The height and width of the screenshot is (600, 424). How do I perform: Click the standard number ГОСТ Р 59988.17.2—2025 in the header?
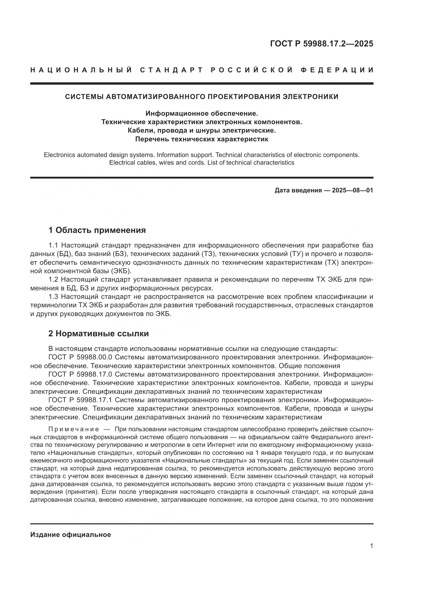(321, 44)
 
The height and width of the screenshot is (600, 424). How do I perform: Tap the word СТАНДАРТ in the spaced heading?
(171, 70)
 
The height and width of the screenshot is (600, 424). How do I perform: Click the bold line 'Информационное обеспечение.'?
(201, 113)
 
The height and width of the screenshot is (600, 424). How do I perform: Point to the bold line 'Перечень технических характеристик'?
(201, 139)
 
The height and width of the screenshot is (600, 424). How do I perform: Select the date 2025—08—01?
(352, 190)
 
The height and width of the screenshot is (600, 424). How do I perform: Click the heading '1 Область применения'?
(97, 230)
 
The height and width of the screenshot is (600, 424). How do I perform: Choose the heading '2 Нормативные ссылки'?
(99, 334)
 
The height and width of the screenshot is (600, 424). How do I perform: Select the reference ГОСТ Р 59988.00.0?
(80, 357)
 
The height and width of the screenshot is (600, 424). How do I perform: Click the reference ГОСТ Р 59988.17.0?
(80, 374)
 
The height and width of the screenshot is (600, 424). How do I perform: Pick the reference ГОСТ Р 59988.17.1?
(80, 400)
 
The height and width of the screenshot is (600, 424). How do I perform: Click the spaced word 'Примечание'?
(74, 429)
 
